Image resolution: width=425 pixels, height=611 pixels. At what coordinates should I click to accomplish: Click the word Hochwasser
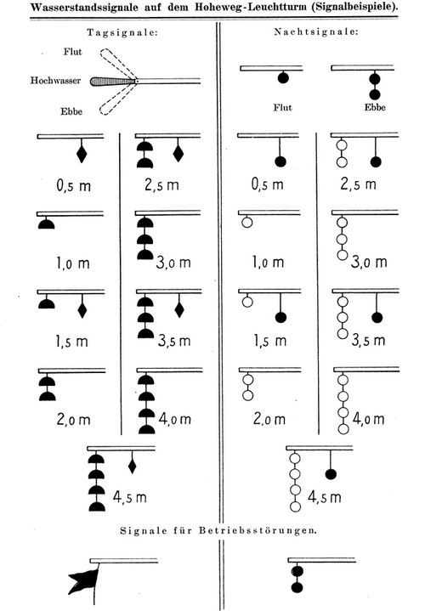coord(55,81)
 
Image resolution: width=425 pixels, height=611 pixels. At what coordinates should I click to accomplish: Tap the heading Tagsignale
coord(122,33)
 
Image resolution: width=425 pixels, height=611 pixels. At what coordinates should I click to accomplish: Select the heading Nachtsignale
coord(316,32)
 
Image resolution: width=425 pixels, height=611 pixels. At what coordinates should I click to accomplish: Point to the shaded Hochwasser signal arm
coord(113,82)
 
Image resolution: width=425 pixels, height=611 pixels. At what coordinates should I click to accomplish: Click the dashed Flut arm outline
coord(118,63)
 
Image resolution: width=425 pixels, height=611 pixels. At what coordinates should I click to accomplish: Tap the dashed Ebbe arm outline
coord(118,99)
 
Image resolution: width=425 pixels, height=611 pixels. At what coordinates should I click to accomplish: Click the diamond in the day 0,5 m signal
coord(82,154)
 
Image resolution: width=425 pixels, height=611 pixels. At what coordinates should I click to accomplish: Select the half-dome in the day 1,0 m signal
coord(46,223)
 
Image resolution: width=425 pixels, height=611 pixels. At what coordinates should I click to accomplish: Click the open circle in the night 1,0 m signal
coord(247,222)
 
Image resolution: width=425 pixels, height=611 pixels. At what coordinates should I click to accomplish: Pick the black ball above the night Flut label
coord(283,77)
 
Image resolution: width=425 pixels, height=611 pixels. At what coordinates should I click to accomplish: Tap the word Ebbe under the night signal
coord(375,108)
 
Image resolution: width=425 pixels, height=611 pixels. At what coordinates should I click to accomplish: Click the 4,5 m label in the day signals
coord(129,497)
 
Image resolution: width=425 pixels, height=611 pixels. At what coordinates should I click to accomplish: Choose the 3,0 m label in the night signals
coord(369,262)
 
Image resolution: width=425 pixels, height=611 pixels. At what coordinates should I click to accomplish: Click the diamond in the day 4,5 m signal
coord(133,466)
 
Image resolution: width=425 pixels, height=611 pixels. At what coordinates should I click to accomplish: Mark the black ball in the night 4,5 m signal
coord(331,474)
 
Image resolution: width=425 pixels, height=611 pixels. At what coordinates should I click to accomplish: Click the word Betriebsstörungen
coord(258,531)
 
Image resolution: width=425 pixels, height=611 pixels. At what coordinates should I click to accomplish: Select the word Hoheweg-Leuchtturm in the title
coord(250,8)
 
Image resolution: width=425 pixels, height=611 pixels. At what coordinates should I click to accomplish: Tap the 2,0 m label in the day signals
coord(73,419)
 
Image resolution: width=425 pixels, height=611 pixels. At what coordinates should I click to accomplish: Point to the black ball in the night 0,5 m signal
coord(280,161)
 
